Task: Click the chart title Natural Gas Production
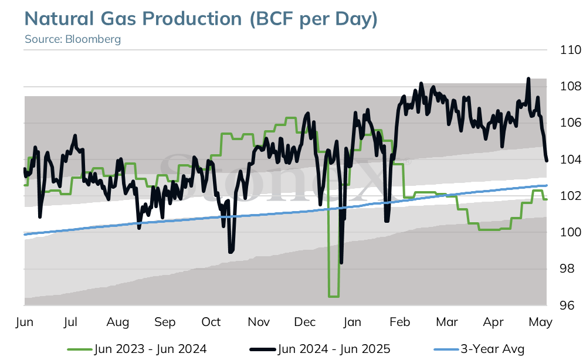(133, 19)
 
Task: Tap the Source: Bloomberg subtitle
(73, 39)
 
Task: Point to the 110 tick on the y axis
(570, 50)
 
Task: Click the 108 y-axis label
(570, 86)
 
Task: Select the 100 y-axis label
(570, 232)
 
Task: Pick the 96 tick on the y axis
(567, 305)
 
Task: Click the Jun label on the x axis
(25, 322)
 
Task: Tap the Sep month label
(165, 322)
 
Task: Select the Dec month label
(305, 322)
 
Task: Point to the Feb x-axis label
(399, 322)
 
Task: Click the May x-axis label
(540, 322)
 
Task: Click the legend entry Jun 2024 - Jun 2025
(320, 349)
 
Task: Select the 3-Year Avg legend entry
(479, 349)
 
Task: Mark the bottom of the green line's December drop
(334, 296)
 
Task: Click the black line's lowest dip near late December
(341, 263)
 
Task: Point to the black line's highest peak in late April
(528, 79)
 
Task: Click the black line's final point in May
(547, 161)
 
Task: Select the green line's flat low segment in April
(490, 230)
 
